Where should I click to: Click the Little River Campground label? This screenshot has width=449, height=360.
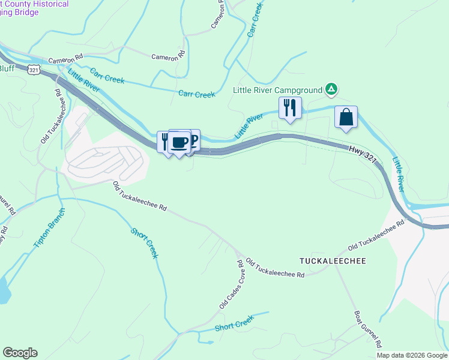tap(277, 90)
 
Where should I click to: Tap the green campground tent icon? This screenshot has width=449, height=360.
tap(331, 90)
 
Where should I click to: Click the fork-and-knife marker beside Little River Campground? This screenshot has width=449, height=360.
tap(290, 109)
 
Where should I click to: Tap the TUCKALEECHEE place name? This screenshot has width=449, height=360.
tap(333, 261)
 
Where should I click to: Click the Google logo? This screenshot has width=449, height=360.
tap(20, 353)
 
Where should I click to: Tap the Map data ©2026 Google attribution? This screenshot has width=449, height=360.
tap(412, 355)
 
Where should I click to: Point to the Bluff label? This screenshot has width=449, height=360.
tap(7, 68)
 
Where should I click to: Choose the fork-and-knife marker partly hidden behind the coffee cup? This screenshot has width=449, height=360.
tap(164, 142)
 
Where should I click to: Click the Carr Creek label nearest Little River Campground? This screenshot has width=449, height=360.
tap(196, 94)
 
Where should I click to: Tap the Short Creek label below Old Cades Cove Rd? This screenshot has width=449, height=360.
tap(235, 325)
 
